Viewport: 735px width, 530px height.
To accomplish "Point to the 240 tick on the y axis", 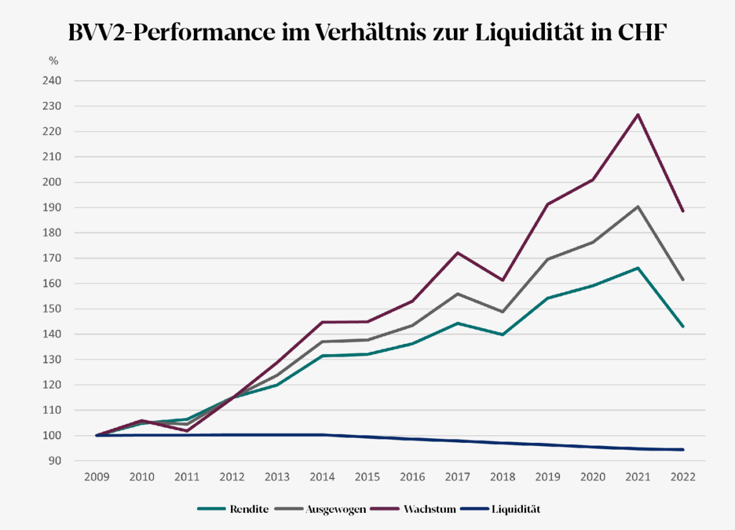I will click(52, 81).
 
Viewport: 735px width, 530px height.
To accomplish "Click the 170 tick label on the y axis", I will click(52, 258).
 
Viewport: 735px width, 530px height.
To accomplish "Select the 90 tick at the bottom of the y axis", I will click(54, 461).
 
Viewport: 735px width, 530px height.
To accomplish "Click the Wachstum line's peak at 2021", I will click(638, 114).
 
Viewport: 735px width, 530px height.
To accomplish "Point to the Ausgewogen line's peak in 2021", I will click(638, 206).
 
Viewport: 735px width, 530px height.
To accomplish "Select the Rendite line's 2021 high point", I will click(638, 268).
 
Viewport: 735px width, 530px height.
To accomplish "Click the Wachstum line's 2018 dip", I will click(502, 280).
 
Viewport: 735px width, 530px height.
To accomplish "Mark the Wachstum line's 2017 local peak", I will click(457, 252).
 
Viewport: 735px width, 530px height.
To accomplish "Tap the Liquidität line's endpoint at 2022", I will click(683, 449).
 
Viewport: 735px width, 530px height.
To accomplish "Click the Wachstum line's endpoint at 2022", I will click(683, 211).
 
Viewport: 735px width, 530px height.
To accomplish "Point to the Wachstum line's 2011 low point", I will click(187, 431).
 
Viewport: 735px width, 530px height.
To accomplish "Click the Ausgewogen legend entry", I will click(335, 509).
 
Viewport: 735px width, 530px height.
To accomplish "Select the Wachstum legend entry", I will click(429, 509).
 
